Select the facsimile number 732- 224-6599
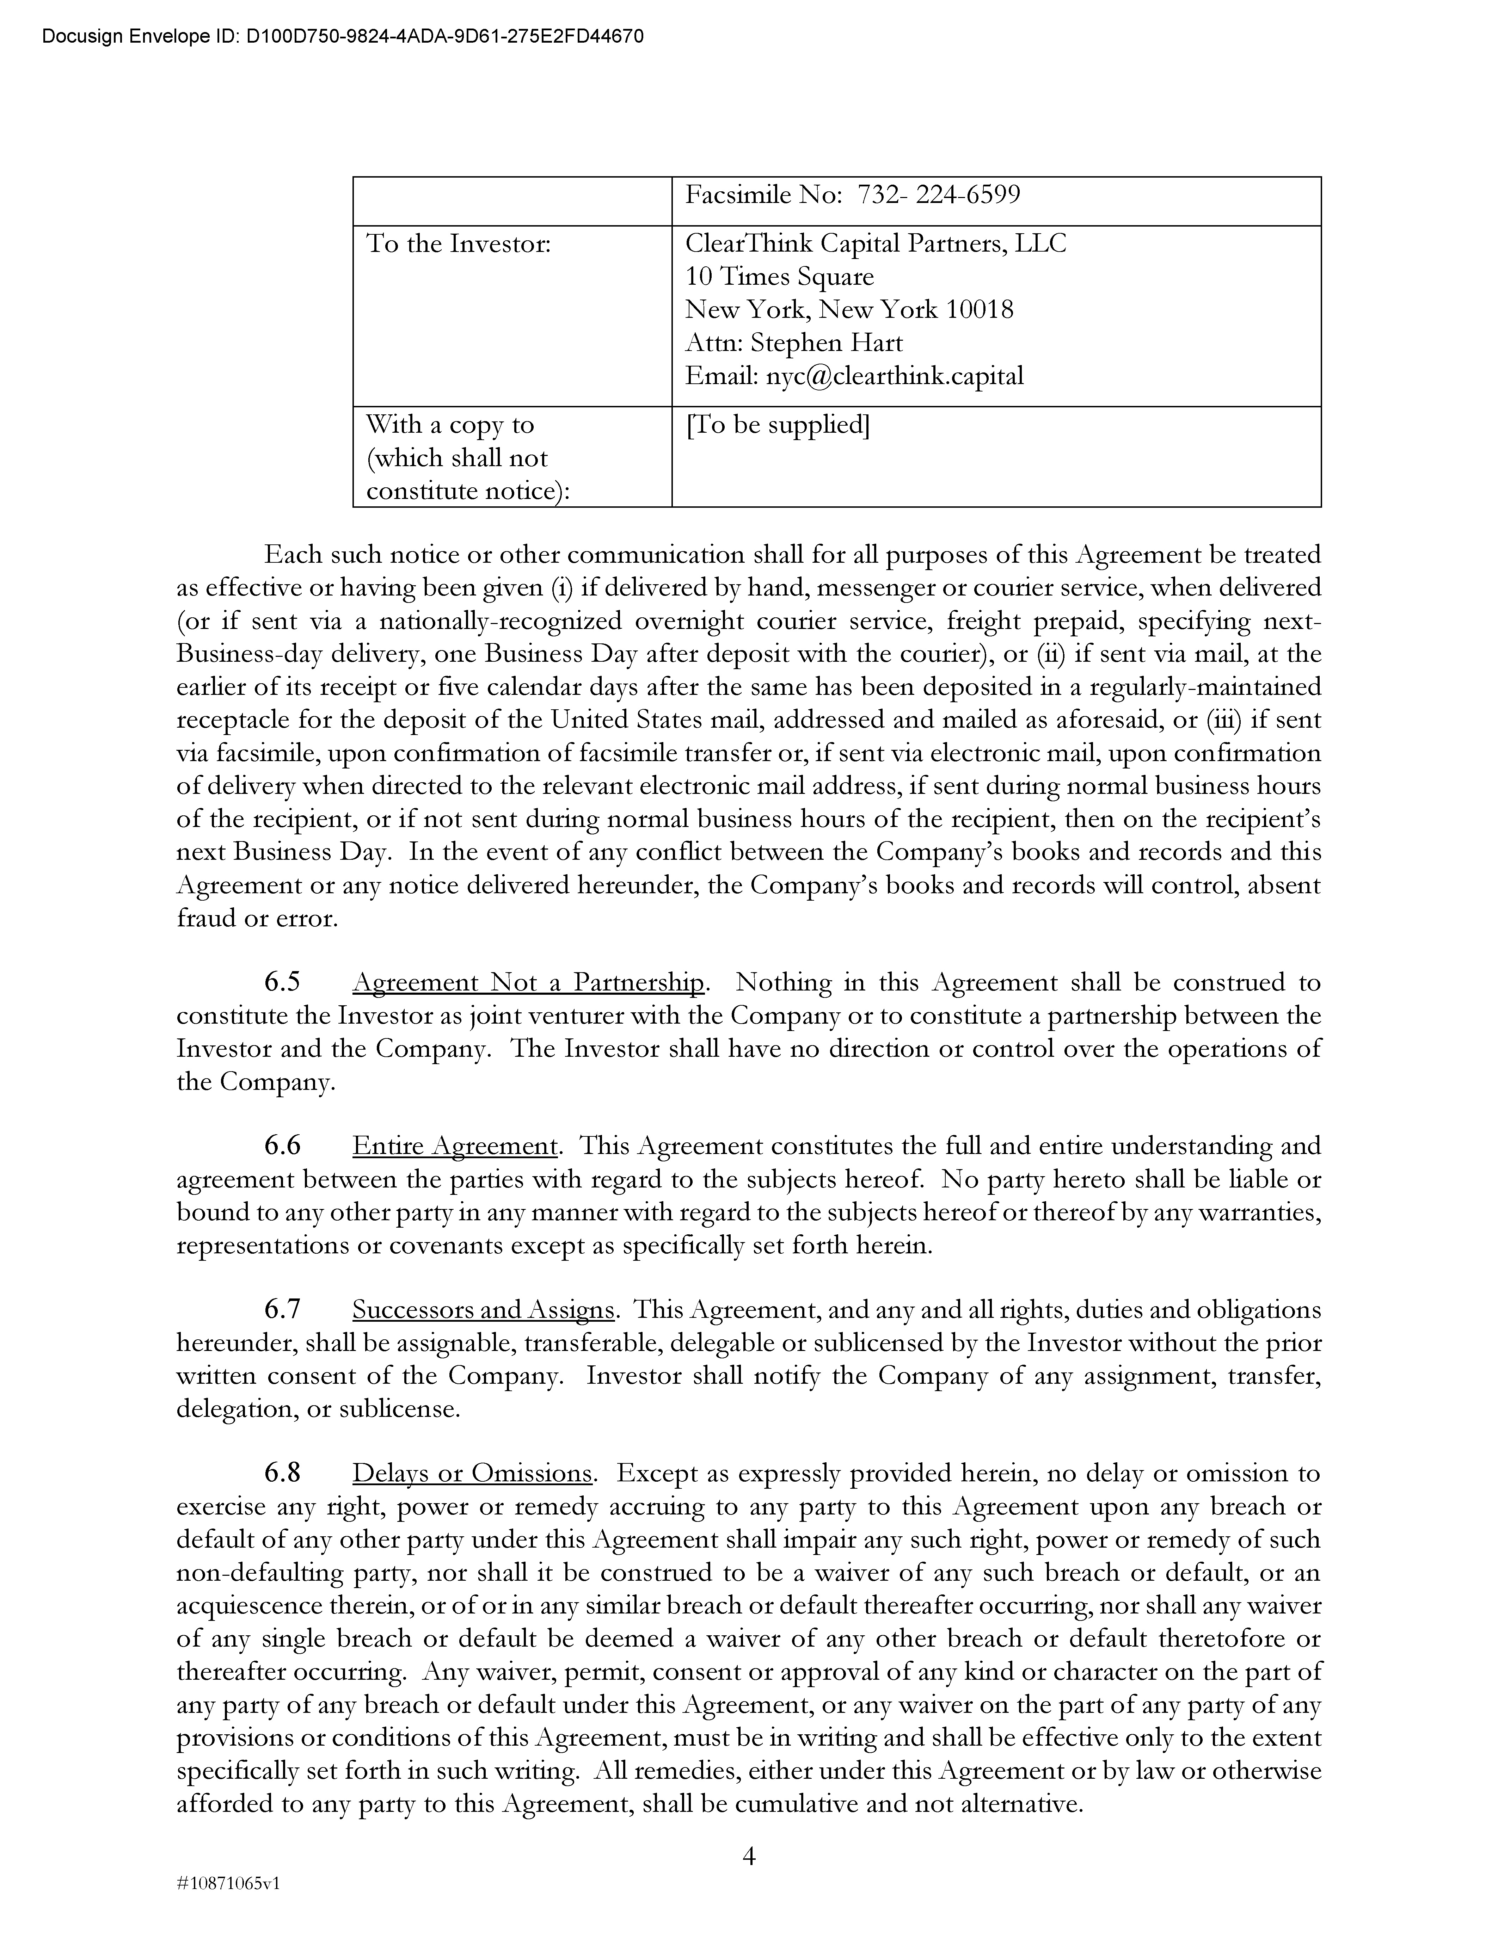(x=939, y=195)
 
